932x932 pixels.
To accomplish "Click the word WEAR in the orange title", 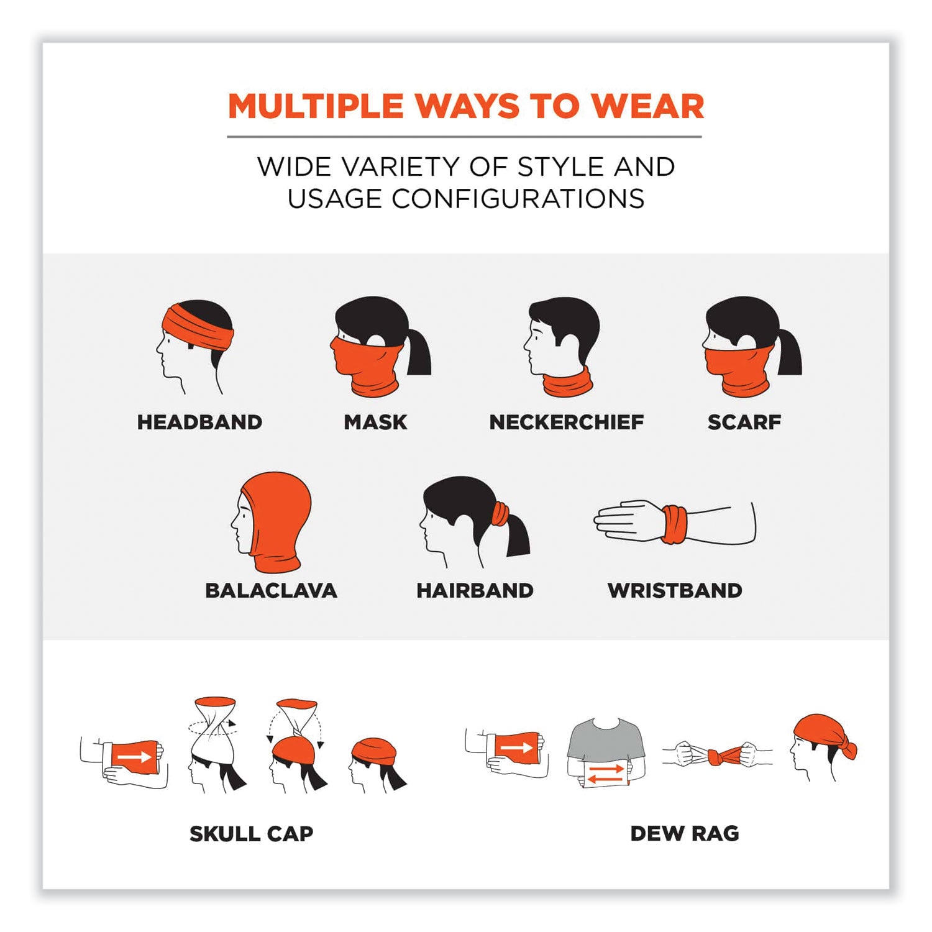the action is [647, 106].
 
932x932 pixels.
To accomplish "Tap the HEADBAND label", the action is [199, 423].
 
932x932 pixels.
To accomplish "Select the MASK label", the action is [375, 423].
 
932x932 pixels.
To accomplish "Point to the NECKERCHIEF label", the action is [566, 423].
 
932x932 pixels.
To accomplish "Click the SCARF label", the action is [744, 423].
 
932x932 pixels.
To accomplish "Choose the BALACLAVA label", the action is [271, 590].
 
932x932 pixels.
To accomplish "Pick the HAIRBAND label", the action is [475, 590].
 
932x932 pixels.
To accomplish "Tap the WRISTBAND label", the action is [675, 590].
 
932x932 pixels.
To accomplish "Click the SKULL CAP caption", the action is [251, 834].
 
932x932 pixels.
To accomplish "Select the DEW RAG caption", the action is [685, 834].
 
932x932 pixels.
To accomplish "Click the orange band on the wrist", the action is [674, 525].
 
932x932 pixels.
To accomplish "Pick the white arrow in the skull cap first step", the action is [135, 757].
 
